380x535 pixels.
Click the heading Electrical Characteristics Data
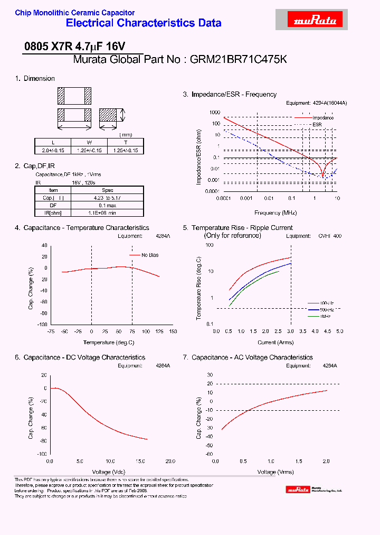coord(143,23)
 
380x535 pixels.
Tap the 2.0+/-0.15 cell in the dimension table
coord(53,150)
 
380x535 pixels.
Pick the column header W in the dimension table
coord(89,143)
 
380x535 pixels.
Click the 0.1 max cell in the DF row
coord(107,205)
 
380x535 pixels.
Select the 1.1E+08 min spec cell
coord(107,213)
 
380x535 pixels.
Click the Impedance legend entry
coord(322,117)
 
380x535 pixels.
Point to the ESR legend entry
coord(317,124)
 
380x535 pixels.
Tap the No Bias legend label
coord(150,255)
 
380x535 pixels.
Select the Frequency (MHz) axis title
coord(275,213)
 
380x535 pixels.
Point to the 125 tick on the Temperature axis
coord(159,331)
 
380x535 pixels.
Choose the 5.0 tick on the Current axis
coord(339,331)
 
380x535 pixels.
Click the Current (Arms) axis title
coord(275,343)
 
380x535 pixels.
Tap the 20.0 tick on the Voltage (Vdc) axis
coord(170,462)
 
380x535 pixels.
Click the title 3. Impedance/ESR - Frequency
coord(230,95)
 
